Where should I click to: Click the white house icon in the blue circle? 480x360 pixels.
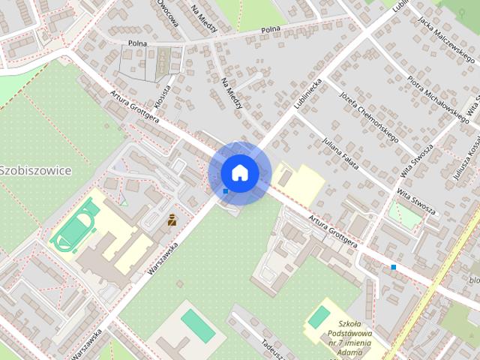tap(239, 172)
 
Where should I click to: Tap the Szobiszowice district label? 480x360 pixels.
tap(35, 170)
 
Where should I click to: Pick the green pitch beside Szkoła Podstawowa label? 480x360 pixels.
tap(319, 316)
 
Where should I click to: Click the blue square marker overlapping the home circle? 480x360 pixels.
tap(225, 191)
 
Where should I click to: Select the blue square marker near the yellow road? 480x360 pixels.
tap(393, 266)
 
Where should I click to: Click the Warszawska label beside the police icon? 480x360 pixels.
tap(163, 260)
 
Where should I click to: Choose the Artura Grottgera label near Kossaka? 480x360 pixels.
tap(135, 106)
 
